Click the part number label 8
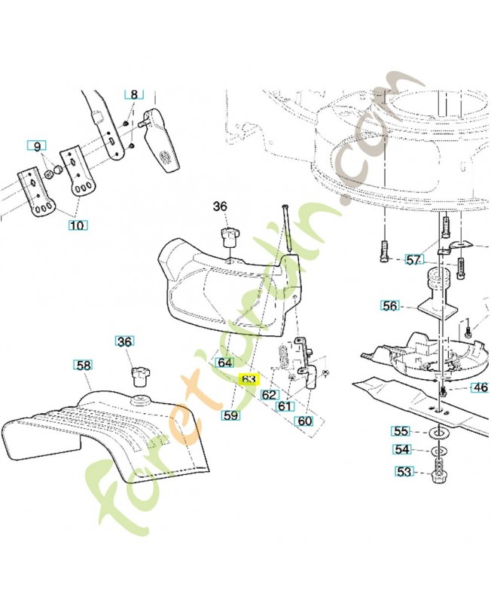coord(134,95)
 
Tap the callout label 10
coord(78,224)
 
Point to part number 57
coord(413,260)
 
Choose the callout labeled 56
coord(389,305)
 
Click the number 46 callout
coord(479,388)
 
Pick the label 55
coord(401,432)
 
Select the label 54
coord(404,450)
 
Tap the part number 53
coord(404,473)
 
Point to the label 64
coord(225,363)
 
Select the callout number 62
coord(270,394)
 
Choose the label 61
coord(284,406)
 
